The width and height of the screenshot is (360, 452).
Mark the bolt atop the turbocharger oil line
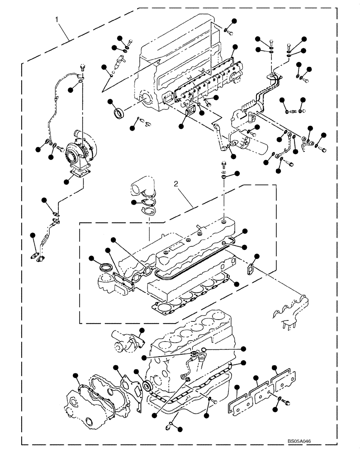click(x=83, y=68)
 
